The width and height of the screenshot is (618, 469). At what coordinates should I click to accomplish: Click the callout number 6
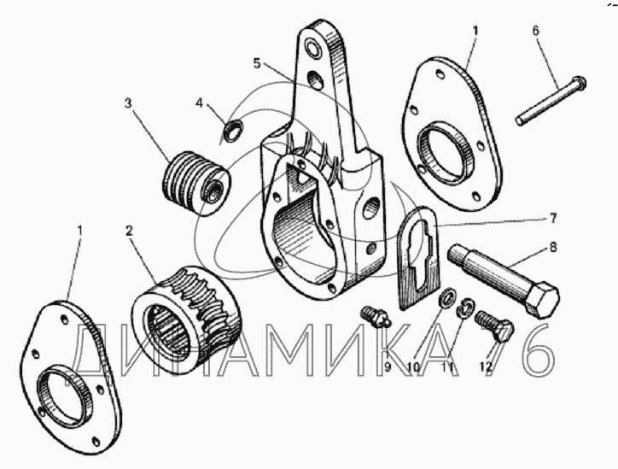tap(535, 31)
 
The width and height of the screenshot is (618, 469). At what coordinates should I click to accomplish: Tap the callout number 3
tap(128, 104)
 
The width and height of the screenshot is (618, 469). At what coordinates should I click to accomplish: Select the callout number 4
tap(199, 103)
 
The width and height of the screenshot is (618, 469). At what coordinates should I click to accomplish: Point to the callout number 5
tap(256, 63)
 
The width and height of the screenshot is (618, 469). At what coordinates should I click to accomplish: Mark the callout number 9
tap(387, 367)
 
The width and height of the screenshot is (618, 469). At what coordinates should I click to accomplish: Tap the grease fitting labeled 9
tap(372, 319)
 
